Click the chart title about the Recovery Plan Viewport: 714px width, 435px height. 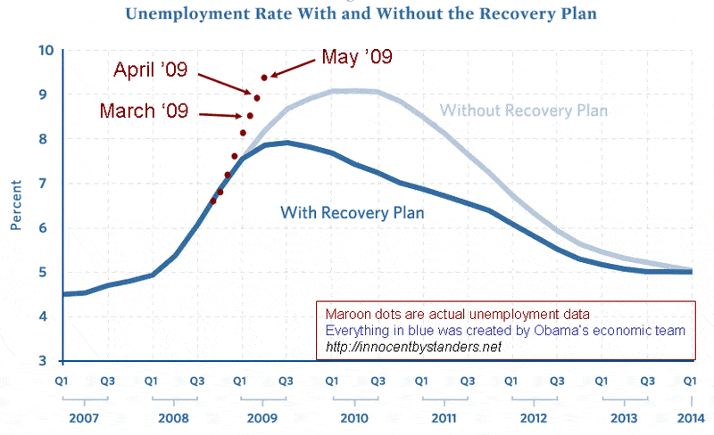(361, 15)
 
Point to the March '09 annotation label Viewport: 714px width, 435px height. (143, 111)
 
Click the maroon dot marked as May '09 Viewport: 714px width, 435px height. (264, 78)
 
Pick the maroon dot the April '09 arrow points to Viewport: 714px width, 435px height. (257, 97)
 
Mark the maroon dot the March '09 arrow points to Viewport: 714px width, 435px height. (250, 116)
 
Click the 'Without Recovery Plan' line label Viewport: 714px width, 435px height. (524, 111)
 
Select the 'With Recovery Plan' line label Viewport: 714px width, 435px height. (352, 213)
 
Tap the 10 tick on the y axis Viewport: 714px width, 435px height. (46, 50)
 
